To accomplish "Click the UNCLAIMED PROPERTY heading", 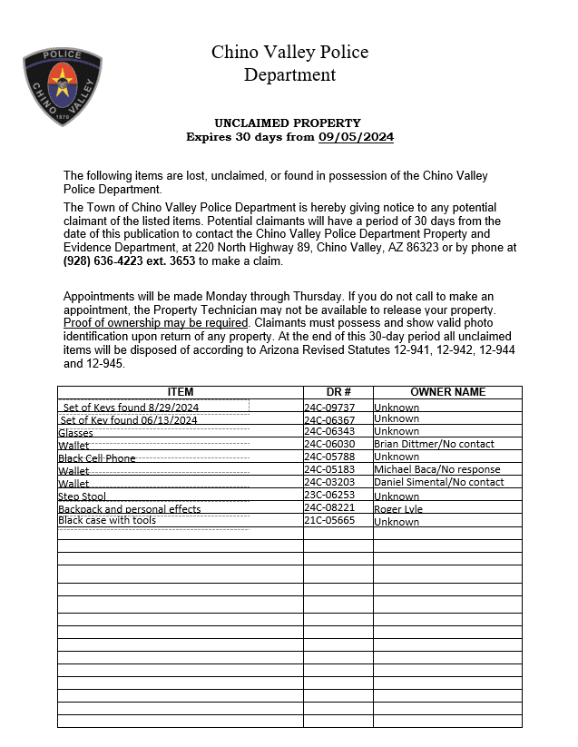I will click(287, 123).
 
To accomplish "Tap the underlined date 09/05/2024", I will click(356, 137).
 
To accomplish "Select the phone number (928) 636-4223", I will click(102, 260).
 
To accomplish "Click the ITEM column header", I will click(180, 392).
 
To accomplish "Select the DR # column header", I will click(338, 392).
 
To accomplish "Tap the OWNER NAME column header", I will click(447, 392).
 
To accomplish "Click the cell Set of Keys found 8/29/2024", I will click(131, 408).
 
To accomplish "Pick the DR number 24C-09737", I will click(329, 408).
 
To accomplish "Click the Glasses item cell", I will click(75, 433).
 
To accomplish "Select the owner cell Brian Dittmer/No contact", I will click(434, 444).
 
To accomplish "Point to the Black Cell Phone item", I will click(96, 458).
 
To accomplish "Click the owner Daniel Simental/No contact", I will click(438, 482).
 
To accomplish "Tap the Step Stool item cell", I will click(82, 496).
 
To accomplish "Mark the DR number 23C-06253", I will click(329, 496).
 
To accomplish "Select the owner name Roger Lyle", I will click(398, 509).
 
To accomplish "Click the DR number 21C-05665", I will click(329, 522).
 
